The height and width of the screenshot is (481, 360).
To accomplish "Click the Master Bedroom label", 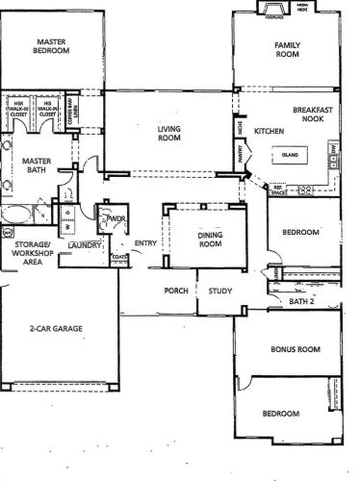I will click(50, 47).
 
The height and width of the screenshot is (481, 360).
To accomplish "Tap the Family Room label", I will click(287, 51).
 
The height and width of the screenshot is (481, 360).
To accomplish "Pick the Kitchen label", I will click(267, 131).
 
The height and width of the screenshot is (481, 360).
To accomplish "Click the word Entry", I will click(145, 243).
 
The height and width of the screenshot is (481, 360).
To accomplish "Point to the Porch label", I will click(175, 291).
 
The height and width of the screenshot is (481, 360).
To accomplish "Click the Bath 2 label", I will click(302, 301).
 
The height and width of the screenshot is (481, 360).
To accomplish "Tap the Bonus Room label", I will click(295, 349).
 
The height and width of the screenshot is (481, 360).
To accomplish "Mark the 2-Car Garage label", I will click(55, 329).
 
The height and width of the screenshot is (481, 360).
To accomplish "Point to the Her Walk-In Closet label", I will click(17, 109).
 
